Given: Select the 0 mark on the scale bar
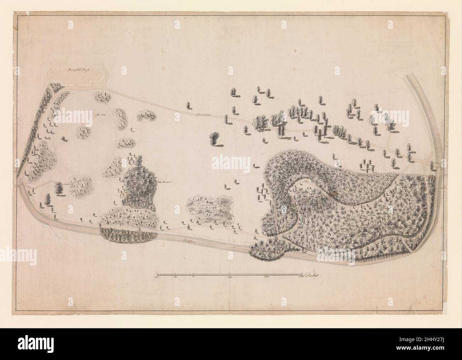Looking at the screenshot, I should [193, 276].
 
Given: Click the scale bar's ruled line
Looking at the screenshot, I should [227, 273].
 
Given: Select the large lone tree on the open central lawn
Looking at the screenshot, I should [214, 138].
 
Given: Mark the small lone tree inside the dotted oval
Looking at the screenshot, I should [64, 138].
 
